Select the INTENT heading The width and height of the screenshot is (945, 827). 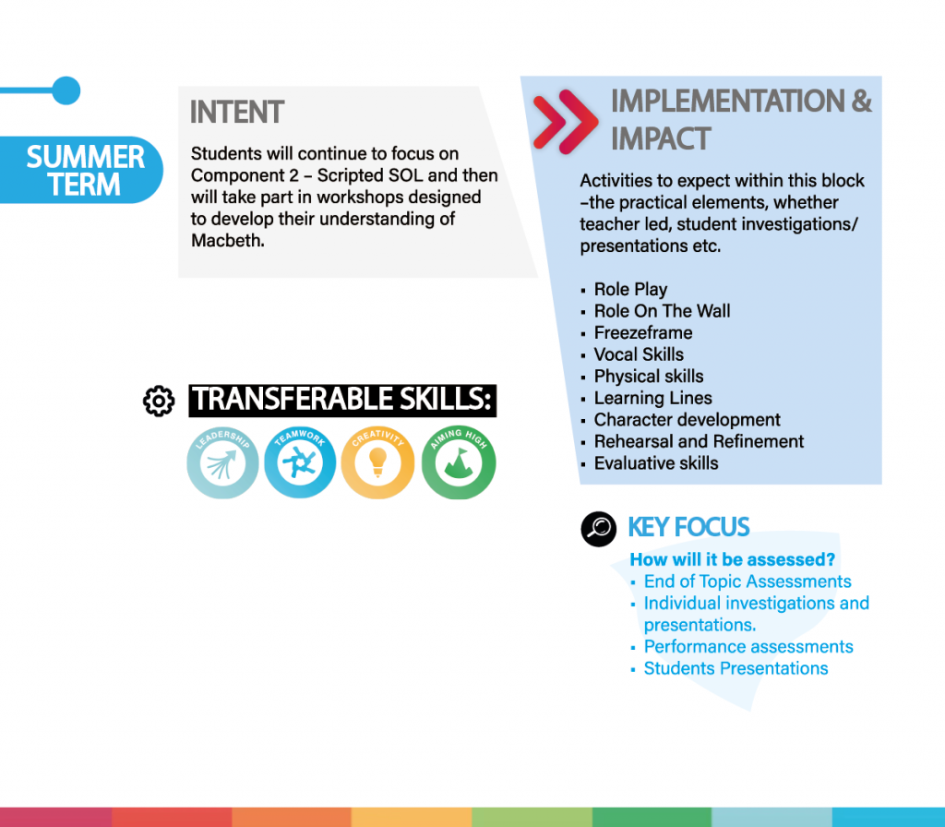point(237,112)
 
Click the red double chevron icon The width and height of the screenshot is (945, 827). point(566,122)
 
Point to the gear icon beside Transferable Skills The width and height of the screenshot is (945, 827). point(159,401)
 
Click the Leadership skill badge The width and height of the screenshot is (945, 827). point(222,463)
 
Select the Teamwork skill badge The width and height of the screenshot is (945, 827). point(300,463)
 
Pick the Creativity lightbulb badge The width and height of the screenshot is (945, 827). point(377,463)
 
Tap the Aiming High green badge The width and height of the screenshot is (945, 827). point(459,463)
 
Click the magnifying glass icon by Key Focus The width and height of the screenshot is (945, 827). point(598,529)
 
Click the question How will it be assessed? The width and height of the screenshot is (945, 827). point(732,559)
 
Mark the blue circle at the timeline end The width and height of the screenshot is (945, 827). point(66,90)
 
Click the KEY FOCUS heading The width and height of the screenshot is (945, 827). point(688,527)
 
